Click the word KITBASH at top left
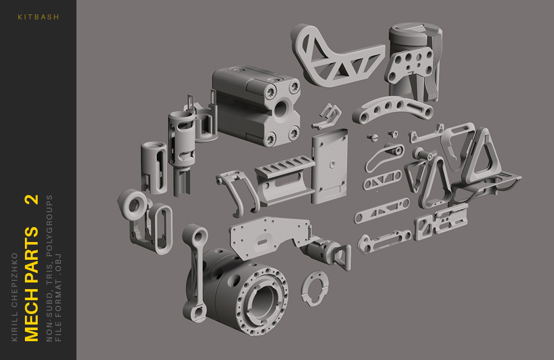click(x=38, y=17)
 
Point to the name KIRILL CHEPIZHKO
click(x=15, y=296)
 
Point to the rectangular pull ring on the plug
click(x=341, y=258)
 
